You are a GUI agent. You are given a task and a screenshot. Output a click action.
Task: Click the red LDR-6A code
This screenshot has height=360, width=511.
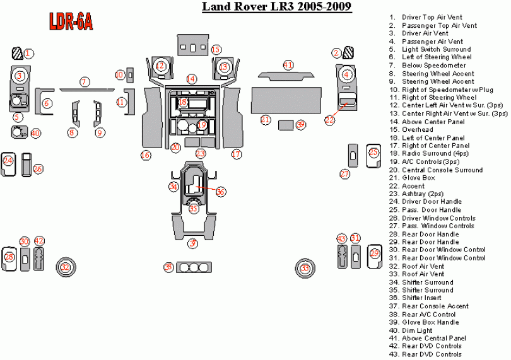tap(71, 23)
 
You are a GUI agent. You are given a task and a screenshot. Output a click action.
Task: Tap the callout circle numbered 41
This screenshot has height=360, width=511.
tap(288, 65)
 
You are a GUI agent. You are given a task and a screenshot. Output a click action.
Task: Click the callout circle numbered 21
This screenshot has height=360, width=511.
tap(266, 120)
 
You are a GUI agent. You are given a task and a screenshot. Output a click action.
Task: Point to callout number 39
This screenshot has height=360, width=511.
tap(300, 125)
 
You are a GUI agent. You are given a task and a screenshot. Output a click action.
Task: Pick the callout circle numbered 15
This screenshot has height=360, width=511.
tap(216, 49)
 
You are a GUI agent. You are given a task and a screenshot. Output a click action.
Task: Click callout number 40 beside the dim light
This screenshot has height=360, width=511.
tap(35, 133)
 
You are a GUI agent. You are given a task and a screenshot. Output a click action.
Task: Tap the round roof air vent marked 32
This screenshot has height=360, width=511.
tap(65, 267)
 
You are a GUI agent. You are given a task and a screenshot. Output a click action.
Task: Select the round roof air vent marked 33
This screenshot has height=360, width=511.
tap(305, 268)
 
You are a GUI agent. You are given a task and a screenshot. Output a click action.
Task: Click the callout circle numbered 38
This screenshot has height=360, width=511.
tap(168, 268)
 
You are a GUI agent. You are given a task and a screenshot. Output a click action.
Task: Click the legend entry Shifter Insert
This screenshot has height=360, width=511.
tap(424, 298)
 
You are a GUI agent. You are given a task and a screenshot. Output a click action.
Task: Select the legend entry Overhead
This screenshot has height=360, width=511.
tap(417, 129)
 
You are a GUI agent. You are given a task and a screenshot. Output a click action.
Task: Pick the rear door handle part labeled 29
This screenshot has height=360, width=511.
tap(374, 254)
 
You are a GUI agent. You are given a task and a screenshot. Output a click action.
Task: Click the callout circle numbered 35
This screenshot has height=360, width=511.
tap(194, 208)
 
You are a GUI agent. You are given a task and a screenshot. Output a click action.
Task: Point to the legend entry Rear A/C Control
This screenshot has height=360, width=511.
tap(429, 314)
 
